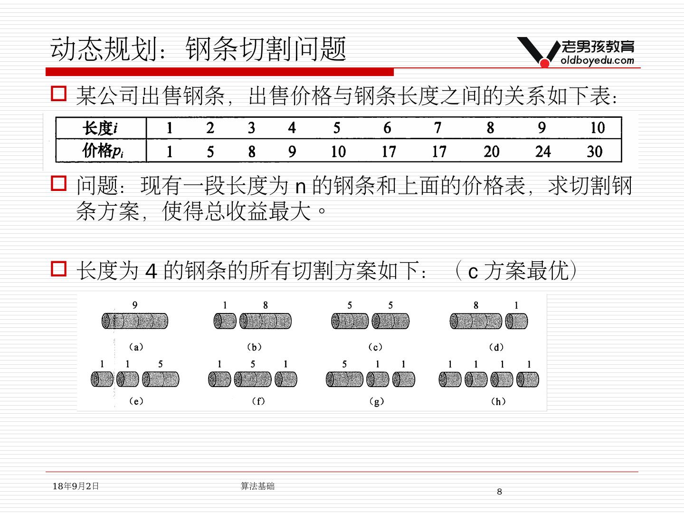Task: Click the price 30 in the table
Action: click(x=594, y=152)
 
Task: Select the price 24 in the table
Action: click(x=542, y=152)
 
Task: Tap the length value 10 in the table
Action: click(x=597, y=128)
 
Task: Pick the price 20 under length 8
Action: click(x=491, y=152)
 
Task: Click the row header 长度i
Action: click(x=100, y=128)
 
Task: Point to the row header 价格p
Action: click(x=103, y=151)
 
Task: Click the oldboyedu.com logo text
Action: click(x=597, y=60)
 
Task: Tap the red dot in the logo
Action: click(x=545, y=62)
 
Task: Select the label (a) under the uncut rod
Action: click(x=136, y=347)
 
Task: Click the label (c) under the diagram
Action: click(x=375, y=347)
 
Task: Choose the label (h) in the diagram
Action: click(x=498, y=401)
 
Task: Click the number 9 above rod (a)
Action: click(x=135, y=305)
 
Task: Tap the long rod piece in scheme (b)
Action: click(x=265, y=322)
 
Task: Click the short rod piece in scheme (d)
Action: click(x=516, y=322)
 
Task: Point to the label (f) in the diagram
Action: click(x=258, y=401)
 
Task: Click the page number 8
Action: click(x=499, y=492)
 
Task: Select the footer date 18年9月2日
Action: click(x=76, y=486)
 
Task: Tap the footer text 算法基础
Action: click(x=257, y=486)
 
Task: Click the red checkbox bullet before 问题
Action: click(x=58, y=184)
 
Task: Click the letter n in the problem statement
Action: click(x=300, y=187)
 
